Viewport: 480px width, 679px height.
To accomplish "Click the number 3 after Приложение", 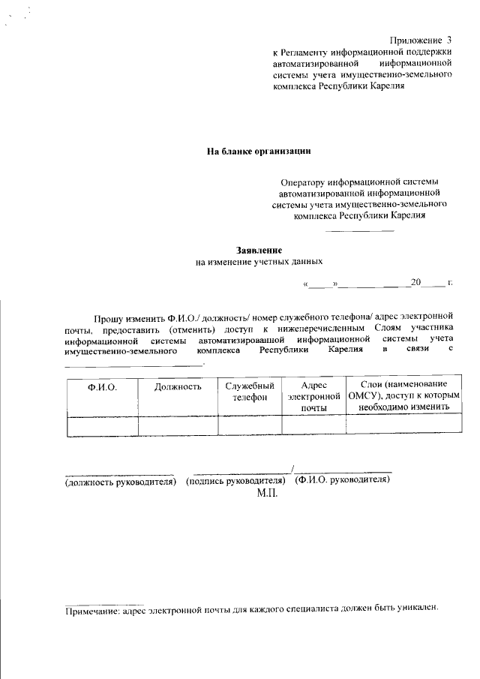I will tap(449, 39).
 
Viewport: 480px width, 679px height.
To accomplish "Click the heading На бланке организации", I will tap(259, 151).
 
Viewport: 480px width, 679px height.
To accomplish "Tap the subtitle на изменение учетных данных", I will tap(259, 262).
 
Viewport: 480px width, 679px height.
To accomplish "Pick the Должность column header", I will tap(178, 386).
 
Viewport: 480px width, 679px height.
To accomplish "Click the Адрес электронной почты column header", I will tap(313, 395).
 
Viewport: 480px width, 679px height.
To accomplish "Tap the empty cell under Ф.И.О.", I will tap(102, 425).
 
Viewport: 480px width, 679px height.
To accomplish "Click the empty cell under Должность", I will tap(178, 425).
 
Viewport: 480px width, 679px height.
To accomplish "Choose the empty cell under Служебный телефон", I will tap(250, 425).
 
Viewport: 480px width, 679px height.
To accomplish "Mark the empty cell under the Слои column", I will tap(403, 425).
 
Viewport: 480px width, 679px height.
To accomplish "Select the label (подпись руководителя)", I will tap(238, 480).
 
